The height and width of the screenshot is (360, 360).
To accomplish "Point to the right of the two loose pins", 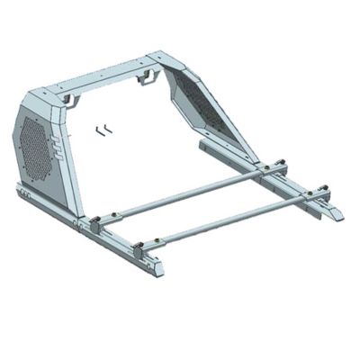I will (x=106, y=128).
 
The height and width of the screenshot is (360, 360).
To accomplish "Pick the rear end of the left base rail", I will (x=22, y=189).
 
